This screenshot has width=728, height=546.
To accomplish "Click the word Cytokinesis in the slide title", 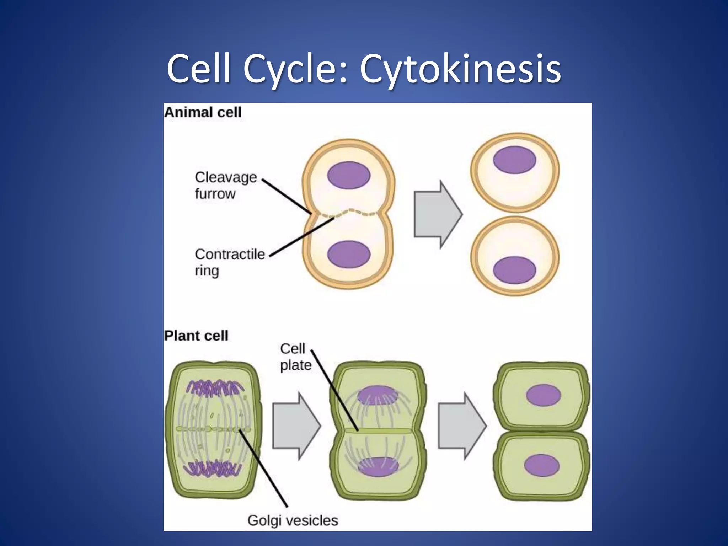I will (460, 69).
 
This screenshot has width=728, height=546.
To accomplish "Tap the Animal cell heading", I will (203, 112).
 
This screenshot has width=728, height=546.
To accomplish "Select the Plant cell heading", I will (196, 336).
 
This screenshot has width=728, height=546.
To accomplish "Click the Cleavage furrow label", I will (225, 185).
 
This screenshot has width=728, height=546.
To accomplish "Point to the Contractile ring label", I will (229, 262).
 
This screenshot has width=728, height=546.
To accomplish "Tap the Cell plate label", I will (295, 357).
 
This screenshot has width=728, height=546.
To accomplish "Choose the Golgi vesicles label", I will (293, 520).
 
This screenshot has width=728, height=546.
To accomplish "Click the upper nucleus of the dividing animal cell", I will (349, 175).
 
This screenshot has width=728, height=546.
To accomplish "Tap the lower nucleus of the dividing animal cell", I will (349, 254).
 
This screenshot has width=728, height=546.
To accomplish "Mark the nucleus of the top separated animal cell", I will (514, 160).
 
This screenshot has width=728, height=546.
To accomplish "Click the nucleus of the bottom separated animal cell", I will (514, 270).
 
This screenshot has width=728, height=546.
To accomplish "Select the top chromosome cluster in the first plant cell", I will (215, 388).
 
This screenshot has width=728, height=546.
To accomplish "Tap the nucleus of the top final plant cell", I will (543, 395).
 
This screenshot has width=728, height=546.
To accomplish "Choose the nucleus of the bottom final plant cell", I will (542, 466).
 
